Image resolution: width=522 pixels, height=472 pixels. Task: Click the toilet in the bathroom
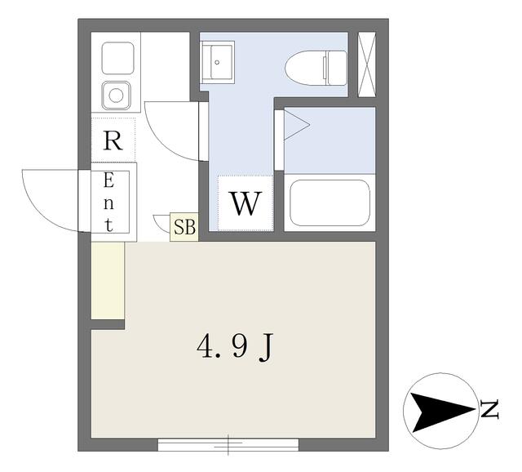(x=315, y=65)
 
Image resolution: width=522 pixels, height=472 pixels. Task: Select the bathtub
(x=330, y=202)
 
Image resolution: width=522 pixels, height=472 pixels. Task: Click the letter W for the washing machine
(x=245, y=203)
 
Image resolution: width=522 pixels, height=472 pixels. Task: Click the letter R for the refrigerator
(x=113, y=141)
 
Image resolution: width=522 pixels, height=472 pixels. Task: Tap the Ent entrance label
(x=108, y=202)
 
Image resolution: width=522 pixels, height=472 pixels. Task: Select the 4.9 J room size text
(x=234, y=349)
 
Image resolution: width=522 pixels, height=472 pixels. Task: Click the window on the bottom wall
(x=228, y=445)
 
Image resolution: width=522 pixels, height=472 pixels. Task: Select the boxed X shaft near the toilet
(x=366, y=65)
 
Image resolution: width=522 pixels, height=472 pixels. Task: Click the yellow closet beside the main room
(x=107, y=281)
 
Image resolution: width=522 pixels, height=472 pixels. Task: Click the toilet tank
(x=334, y=65)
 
